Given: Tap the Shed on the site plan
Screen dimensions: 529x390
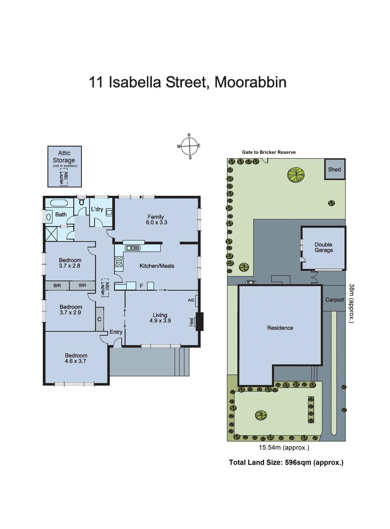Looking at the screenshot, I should tap(334, 169).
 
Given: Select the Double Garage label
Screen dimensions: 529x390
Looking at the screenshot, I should tap(324, 247).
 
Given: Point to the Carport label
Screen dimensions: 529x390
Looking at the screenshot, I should tap(334, 300).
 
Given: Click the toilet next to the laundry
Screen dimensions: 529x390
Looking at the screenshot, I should tap(82, 201).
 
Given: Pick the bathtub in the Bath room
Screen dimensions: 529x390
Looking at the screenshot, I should tap(59, 203).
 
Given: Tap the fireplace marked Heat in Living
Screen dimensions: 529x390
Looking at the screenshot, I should tap(199, 322).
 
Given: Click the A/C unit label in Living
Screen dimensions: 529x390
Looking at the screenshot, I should tap(191, 300).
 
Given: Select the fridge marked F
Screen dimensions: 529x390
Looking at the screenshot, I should tap(141, 286).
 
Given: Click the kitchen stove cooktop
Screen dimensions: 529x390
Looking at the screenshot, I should tap(119, 262).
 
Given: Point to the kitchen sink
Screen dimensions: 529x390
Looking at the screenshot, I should tap(133, 248).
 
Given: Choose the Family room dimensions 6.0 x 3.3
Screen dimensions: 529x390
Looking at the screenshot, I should tap(156, 223).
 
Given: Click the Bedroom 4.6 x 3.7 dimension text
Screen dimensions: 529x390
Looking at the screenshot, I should tap(75, 361).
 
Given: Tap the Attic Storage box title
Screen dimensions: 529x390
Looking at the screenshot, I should tap(64, 156).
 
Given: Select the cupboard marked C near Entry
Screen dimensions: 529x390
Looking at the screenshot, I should tap(99, 319).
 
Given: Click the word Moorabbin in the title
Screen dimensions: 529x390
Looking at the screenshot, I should tap(250, 82).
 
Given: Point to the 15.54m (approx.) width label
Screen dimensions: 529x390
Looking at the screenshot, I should tap(284, 448).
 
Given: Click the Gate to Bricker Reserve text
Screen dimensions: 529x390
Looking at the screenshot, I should tap(269, 152).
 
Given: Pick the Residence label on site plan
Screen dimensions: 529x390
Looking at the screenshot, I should tap(280, 328).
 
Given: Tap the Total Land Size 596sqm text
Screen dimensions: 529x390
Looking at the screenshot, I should tap(286, 463).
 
